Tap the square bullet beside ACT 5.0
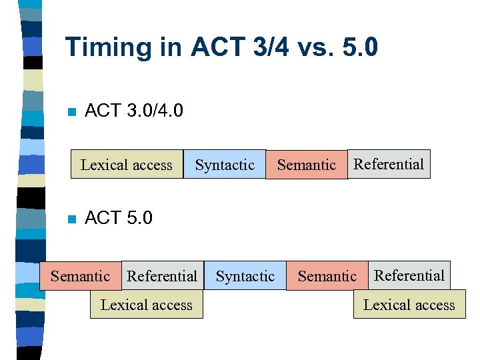click(x=72, y=219)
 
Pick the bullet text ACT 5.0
click(x=119, y=218)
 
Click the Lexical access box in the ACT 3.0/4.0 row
click(x=127, y=165)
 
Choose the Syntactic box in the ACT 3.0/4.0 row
click(x=225, y=165)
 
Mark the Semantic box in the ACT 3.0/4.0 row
click(x=306, y=165)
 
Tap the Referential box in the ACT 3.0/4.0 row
click(x=389, y=164)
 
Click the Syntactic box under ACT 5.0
click(x=245, y=275)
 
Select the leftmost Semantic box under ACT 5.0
click(x=81, y=275)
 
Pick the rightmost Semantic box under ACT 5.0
click(x=327, y=275)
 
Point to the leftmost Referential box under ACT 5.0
click(x=162, y=275)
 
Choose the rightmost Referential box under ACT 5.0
click(x=409, y=275)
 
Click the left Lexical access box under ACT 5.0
click(x=146, y=305)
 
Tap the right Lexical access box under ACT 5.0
click(x=409, y=305)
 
